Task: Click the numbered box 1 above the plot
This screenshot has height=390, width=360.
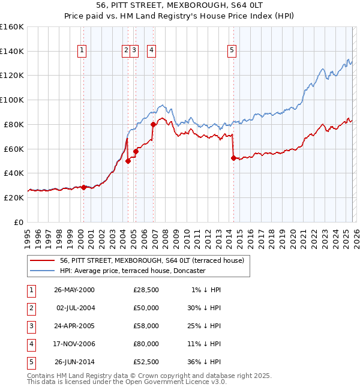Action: tap(81, 51)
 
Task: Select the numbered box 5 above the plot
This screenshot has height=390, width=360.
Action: tap(232, 51)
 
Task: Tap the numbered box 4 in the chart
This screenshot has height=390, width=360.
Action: tap(151, 51)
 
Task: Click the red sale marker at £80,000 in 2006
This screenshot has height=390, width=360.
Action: tap(154, 124)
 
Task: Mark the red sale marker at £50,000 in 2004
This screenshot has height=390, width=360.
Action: tap(128, 161)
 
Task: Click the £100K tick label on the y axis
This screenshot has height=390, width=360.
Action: tap(12, 100)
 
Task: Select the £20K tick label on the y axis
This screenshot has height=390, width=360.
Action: tap(14, 197)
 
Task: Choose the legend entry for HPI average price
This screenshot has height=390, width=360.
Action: tap(133, 271)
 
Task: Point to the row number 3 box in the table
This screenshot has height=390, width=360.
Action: tap(30, 326)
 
